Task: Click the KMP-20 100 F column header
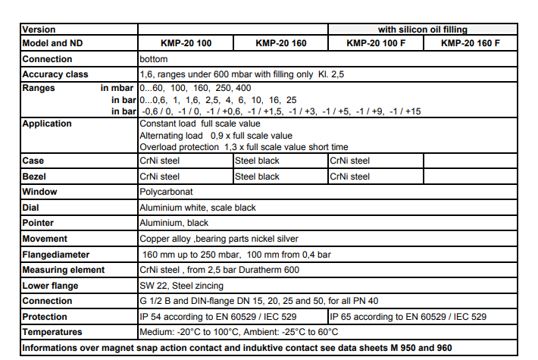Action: [375, 44]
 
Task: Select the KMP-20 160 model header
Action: [281, 44]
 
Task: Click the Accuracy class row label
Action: [55, 74]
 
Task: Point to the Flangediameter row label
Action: [56, 255]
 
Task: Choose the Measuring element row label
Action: [64, 270]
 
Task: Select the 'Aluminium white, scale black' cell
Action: [198, 207]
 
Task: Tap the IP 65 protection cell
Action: [408, 317]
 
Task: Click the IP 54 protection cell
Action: [218, 317]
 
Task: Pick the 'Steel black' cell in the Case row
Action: [258, 161]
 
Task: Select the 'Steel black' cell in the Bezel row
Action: [258, 177]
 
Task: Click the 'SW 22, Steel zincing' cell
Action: [181, 286]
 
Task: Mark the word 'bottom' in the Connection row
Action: [154, 59]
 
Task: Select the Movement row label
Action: [45, 239]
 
